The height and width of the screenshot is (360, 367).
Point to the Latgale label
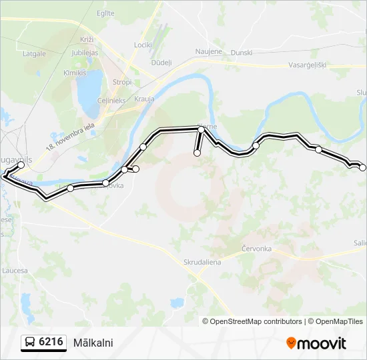coord(34,53)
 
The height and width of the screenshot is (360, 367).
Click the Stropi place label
coord(122,82)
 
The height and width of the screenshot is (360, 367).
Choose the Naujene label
coord(208,51)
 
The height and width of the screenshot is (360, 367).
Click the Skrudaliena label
coord(202,262)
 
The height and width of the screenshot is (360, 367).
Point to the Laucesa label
coord(15,271)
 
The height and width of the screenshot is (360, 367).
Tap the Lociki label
coord(143,45)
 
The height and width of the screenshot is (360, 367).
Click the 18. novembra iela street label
coord(70,136)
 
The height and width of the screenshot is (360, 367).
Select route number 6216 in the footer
coord(51,342)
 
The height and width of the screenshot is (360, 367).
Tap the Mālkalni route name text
coord(93,343)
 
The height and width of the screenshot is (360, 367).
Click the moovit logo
coord(316,343)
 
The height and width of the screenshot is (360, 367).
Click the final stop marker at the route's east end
coord(362,167)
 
